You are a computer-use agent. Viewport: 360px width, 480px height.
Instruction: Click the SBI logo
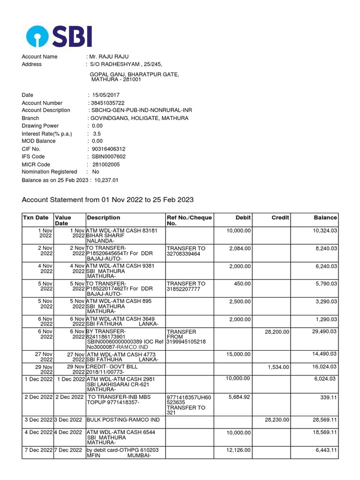pos(59,36)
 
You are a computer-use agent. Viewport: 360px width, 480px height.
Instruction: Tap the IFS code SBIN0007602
pos(108,157)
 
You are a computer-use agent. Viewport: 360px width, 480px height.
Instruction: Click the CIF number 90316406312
pos(108,149)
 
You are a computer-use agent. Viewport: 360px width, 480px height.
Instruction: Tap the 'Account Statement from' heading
pos(107,200)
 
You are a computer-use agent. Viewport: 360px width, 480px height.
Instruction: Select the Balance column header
pos(325,217)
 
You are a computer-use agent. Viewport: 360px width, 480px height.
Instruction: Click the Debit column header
pos(243,217)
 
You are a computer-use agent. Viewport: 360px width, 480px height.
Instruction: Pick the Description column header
pos(103,217)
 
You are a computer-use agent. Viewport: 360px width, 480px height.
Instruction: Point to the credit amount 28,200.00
pos(277,332)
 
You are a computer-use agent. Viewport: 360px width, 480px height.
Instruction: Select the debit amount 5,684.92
pos(240,397)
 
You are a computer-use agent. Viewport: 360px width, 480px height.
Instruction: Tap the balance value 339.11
pos(328,397)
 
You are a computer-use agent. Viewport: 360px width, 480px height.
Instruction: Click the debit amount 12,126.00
pos(238,450)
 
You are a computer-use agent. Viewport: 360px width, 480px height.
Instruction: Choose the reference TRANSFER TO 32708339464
pos(186,250)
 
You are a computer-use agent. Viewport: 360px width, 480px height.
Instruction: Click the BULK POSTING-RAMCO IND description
pos(123,420)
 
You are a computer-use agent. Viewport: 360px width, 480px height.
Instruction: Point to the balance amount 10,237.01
pos(106,180)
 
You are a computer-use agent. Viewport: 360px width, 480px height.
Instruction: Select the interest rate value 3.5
pos(97,134)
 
